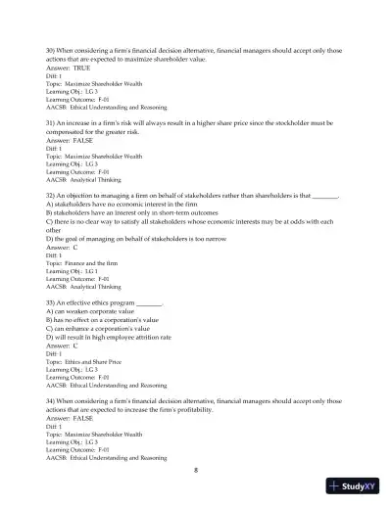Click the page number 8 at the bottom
point(196,471)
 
